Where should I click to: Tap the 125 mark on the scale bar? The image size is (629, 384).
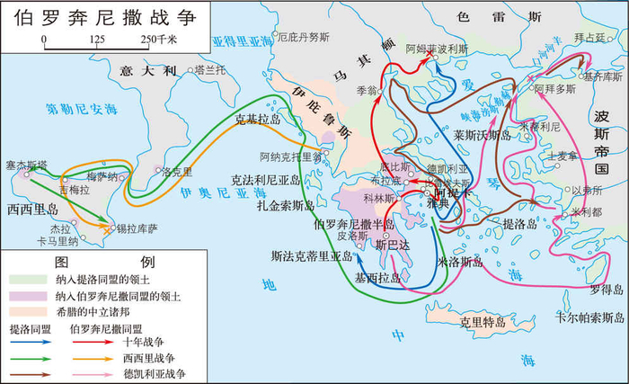click(97, 40)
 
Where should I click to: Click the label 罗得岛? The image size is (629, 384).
click(607, 290)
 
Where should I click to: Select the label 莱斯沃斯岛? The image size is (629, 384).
click(482, 135)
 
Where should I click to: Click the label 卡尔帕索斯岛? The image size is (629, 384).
click(589, 317)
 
